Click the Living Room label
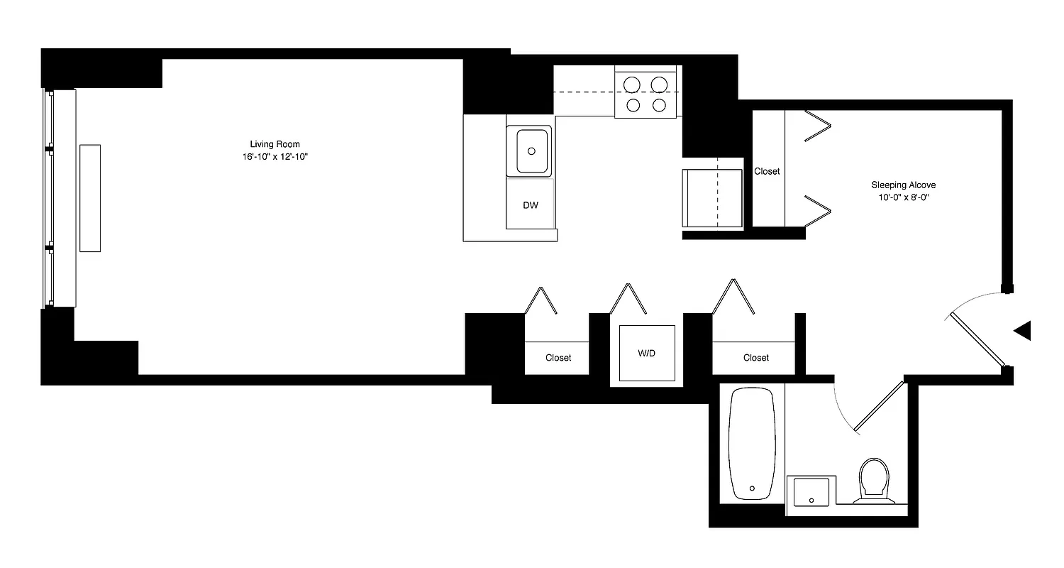pos(275,144)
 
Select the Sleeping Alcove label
pos(899,185)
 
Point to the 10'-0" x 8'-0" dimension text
pos(899,197)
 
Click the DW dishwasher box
pos(530,205)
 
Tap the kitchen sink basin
pos(531,151)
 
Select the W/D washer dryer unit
pos(646,353)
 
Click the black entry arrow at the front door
pos(1023,331)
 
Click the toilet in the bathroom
pos(874,479)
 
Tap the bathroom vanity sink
pos(811,491)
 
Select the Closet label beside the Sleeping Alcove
pos(767,171)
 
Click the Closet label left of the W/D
pos(558,358)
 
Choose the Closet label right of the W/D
pos(756,358)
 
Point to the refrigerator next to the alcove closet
pos(711,198)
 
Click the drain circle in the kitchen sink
pos(531,151)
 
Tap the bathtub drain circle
pos(752,488)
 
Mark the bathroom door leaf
pos(880,407)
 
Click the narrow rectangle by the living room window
pos(90,197)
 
